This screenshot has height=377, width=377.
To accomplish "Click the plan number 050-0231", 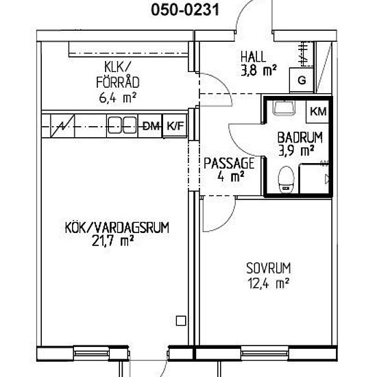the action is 185,10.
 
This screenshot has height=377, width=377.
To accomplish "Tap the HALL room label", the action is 254,57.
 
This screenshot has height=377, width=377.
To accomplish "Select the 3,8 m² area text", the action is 258,71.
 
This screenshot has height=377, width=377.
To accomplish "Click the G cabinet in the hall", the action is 302,80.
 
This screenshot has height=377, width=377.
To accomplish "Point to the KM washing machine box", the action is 318,112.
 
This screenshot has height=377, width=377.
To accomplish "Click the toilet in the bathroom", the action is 286,180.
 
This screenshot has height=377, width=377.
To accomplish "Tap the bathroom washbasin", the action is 284,108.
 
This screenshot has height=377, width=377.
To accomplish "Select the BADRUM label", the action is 300,138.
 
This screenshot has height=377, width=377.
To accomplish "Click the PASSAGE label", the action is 229,163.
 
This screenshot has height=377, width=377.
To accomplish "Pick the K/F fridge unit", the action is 175,125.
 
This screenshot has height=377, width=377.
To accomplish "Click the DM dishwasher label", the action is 151,126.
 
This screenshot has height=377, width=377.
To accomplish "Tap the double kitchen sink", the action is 122,125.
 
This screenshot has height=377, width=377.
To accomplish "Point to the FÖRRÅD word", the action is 118,82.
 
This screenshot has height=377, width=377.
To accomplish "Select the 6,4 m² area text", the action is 118,98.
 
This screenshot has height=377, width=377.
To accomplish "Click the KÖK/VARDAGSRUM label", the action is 117,228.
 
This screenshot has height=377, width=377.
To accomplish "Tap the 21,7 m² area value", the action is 112,241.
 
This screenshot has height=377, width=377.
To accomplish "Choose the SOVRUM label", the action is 269,268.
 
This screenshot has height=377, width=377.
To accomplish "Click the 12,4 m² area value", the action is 268,283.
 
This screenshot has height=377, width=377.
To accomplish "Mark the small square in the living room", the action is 181,321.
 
